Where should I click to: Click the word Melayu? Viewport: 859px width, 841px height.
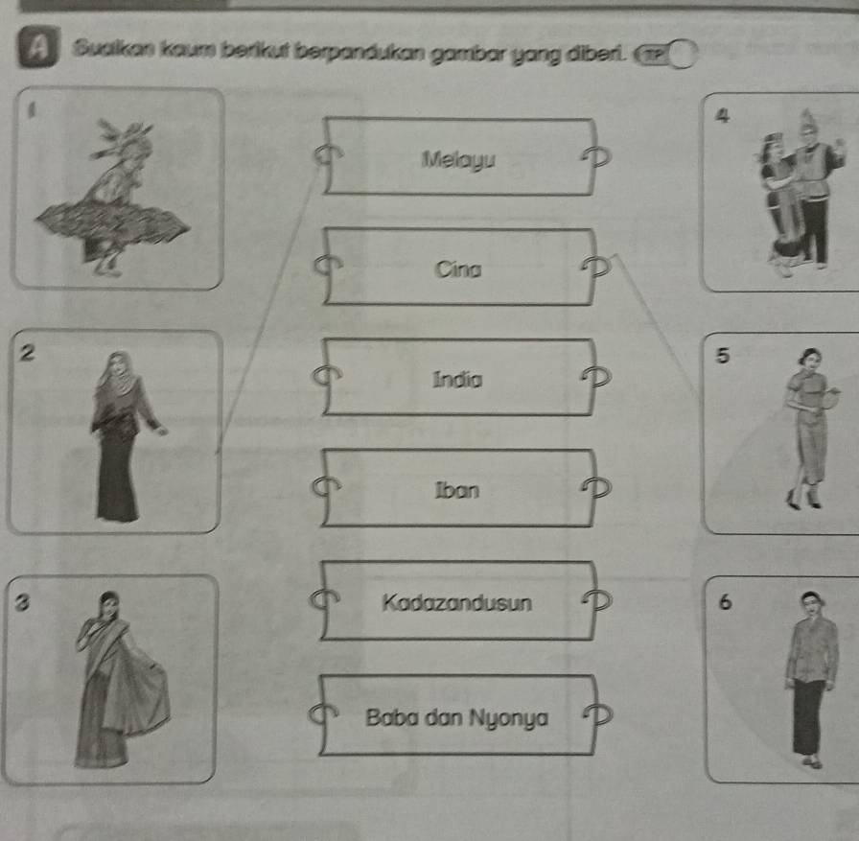coord(458,160)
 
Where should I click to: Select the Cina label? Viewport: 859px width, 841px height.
coord(458,269)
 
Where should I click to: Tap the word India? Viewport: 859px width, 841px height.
coord(457,379)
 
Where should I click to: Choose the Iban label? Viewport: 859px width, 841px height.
coord(457,490)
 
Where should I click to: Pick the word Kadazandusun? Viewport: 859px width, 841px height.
coord(457,602)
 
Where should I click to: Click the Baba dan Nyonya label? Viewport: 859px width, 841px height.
coord(457,717)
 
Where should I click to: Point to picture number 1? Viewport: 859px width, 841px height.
coord(118,188)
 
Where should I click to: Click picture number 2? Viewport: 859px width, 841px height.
coord(115,432)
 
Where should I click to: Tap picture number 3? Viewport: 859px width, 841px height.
coord(110,679)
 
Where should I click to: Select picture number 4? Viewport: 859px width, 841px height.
coord(780,193)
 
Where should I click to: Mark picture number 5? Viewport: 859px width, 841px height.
coord(780,432)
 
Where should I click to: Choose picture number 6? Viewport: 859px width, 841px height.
coord(782,679)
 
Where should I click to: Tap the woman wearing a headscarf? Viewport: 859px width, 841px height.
coord(125,436)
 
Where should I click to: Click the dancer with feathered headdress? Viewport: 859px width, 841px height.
coord(113,199)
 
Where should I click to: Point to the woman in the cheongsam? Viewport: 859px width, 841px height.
coord(811,429)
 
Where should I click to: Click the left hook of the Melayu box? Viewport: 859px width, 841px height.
coord(328,155)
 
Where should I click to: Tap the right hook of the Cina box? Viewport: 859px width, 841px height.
coord(596,266)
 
